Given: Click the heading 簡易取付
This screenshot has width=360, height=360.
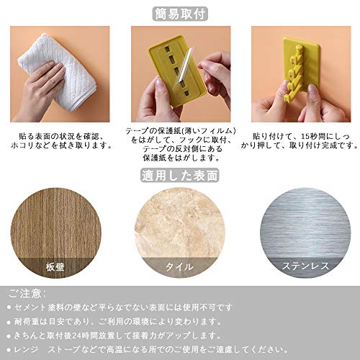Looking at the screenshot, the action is (180, 14).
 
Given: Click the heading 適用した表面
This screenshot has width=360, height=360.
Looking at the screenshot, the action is (180, 176).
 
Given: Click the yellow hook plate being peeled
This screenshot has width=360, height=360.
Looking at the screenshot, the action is (176, 71).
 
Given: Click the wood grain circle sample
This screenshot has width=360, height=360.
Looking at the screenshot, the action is (55, 233).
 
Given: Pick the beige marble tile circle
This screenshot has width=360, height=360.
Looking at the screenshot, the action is (180, 233).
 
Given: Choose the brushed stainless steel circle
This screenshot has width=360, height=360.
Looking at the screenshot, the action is (305, 233).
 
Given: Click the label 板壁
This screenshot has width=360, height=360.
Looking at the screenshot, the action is (55, 266).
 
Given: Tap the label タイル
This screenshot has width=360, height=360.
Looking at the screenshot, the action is (179, 266).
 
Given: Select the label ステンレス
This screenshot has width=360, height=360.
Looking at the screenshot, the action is (305, 266).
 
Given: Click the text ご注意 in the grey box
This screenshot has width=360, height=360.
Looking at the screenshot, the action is (24, 294).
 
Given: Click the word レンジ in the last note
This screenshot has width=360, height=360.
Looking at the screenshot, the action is (26, 349).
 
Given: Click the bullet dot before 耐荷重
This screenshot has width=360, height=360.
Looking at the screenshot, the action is (9, 322).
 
